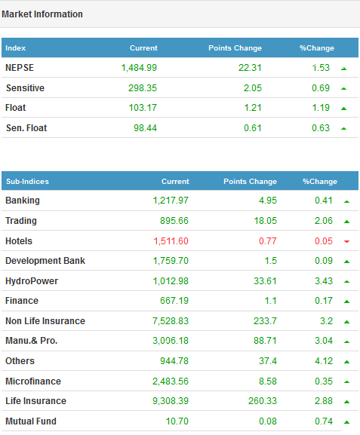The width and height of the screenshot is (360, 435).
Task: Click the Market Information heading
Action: point(42,14)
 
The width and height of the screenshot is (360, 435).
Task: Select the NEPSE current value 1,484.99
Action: point(139,68)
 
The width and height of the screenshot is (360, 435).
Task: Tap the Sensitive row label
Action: point(25,88)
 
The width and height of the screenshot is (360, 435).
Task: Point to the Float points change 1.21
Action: point(253,108)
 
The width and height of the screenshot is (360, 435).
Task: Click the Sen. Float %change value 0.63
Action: point(321,128)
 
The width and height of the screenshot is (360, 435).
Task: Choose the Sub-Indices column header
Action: point(27,182)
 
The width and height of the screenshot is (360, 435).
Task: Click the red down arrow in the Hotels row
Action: point(346,241)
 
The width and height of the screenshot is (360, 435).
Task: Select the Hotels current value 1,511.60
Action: point(171,241)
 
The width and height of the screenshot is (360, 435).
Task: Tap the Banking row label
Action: point(23,201)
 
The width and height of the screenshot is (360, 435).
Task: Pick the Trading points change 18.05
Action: point(265,221)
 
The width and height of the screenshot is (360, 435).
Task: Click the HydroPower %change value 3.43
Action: point(324,281)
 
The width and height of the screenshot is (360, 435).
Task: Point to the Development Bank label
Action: point(45,261)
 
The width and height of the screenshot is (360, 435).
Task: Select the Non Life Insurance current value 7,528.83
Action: point(171,321)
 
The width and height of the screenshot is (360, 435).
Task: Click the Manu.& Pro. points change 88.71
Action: point(265,341)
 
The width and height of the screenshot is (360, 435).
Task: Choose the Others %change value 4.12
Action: point(324,361)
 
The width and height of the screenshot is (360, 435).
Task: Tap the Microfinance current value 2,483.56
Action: point(171,381)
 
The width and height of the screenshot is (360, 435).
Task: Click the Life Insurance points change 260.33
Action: point(263,401)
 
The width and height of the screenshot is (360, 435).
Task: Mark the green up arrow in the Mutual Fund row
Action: point(346,422)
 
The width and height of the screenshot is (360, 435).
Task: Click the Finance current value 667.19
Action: point(174,301)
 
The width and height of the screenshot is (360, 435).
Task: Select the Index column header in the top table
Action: point(16,48)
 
